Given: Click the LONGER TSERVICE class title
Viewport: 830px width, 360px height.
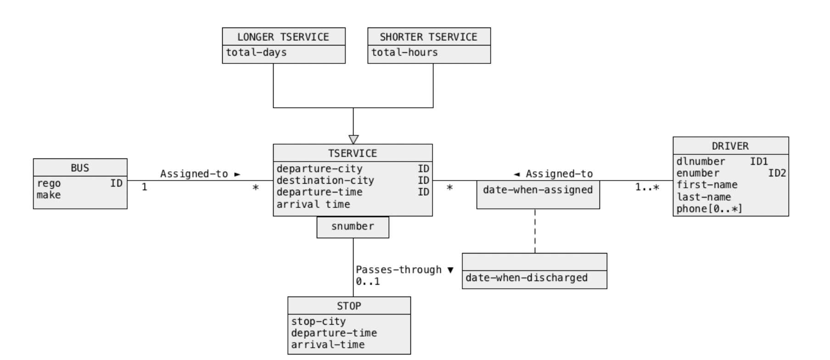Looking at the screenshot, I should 283,37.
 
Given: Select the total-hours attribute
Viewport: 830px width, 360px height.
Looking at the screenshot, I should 404,52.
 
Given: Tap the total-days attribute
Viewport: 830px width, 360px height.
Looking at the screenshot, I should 256,52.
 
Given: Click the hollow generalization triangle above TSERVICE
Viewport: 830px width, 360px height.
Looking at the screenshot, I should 353,139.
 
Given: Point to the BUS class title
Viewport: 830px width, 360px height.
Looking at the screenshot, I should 80,168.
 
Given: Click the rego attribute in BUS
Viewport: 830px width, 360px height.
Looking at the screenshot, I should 49,183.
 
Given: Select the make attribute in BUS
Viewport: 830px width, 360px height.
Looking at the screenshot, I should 49,195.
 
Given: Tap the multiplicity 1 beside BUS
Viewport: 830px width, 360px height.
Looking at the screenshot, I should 144,187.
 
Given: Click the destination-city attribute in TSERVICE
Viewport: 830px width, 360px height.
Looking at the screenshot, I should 325,180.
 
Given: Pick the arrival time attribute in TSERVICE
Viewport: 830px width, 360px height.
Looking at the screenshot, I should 313,204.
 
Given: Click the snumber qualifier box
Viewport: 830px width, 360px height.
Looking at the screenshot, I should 353,226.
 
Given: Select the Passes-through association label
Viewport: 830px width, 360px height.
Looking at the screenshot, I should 398,270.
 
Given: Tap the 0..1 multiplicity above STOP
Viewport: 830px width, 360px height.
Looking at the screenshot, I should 368,281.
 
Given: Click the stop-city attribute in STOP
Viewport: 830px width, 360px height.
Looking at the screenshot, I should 318,321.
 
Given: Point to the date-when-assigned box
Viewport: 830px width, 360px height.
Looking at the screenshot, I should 538,190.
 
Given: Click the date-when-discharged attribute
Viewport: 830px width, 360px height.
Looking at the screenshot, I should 526,278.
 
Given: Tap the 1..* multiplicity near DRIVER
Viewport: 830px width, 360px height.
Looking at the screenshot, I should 647,187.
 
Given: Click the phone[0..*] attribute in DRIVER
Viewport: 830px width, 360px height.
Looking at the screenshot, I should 709,209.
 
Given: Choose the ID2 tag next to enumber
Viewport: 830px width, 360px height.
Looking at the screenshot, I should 777,173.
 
